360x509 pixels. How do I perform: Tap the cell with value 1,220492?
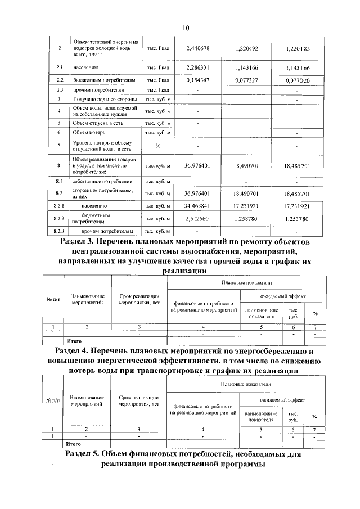[247, 48]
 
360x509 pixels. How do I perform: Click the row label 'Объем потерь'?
[88, 132]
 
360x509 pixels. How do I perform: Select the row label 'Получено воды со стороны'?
[105, 100]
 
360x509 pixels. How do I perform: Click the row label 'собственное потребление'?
[102, 182]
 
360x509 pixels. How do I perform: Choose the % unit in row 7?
[158, 146]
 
